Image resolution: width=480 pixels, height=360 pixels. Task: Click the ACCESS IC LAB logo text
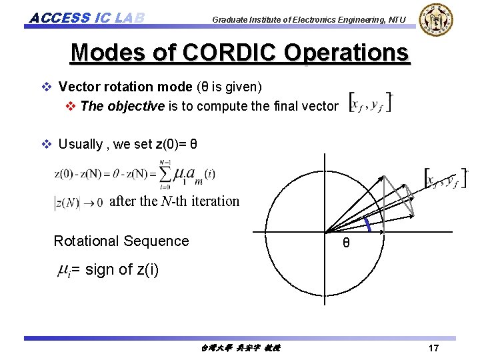87,17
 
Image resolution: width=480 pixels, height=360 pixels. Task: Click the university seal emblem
437,19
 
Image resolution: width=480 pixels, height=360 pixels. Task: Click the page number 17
433,349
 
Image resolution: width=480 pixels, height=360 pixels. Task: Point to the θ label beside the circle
346,243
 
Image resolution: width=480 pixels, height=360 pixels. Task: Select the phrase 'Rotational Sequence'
121,241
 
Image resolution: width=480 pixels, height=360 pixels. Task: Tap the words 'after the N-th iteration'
174,201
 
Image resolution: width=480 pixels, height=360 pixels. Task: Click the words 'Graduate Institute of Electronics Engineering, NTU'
308,20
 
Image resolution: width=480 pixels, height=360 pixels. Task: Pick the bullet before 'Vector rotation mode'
47,87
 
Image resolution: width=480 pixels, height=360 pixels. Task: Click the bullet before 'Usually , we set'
47,144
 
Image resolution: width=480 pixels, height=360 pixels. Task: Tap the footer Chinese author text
240,349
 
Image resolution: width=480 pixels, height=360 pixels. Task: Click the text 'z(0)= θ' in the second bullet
176,144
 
